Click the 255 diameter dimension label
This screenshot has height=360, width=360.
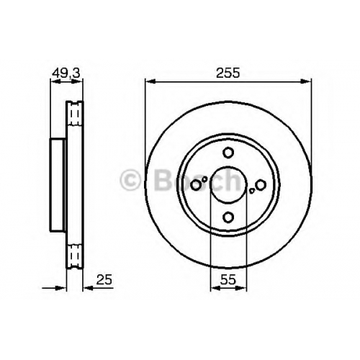coord(228,73)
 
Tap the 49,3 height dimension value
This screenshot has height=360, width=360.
coord(66,73)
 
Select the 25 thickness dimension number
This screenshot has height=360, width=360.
coord(104,279)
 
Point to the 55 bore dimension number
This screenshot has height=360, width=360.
coord(228,279)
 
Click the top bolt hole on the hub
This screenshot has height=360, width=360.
coord(228,153)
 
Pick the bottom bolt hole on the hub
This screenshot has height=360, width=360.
coord(228,217)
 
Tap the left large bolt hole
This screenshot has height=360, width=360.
coord(196,185)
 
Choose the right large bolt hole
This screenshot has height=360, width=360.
coord(261,185)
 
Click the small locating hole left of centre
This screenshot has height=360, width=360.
coord(204,179)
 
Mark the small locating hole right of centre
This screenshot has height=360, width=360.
coord(251,191)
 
